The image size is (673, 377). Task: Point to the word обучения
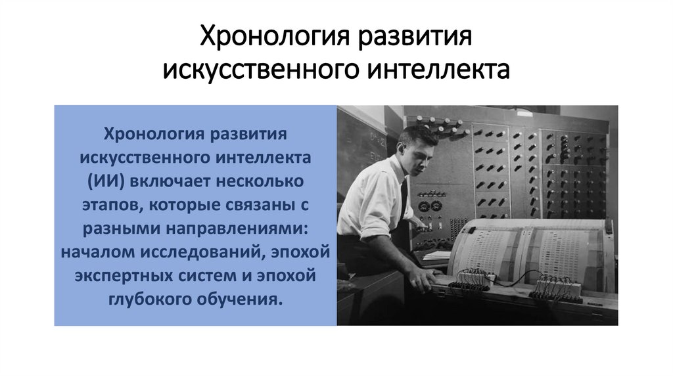point(239,299)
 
